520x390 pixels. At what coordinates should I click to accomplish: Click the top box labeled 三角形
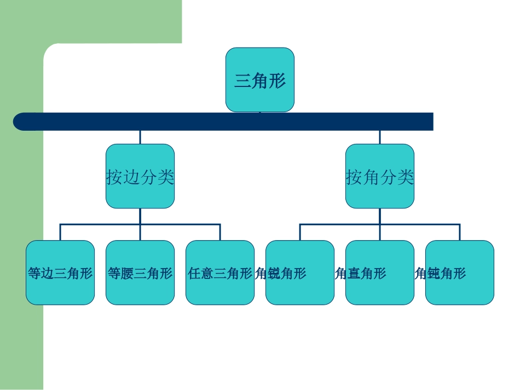point(260,79)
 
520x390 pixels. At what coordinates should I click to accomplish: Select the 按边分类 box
point(140,176)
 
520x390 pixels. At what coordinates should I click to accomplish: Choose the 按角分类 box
point(380,176)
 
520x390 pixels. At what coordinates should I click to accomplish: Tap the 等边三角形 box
point(60,272)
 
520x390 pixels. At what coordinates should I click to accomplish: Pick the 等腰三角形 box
point(140,272)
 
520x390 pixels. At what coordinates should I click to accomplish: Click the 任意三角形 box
point(220,272)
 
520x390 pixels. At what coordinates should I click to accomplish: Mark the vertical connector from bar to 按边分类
point(140,137)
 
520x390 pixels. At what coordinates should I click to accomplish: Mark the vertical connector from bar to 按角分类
point(380,137)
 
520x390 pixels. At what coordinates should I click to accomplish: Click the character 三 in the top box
point(243,82)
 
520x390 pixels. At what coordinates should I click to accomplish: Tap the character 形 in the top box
point(278,82)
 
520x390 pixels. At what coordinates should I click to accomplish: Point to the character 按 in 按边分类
point(114,177)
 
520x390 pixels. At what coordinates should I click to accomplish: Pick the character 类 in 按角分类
point(406,177)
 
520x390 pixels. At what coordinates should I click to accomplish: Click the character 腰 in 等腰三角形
point(128,273)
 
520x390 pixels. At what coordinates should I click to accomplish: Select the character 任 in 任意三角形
point(194,273)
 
